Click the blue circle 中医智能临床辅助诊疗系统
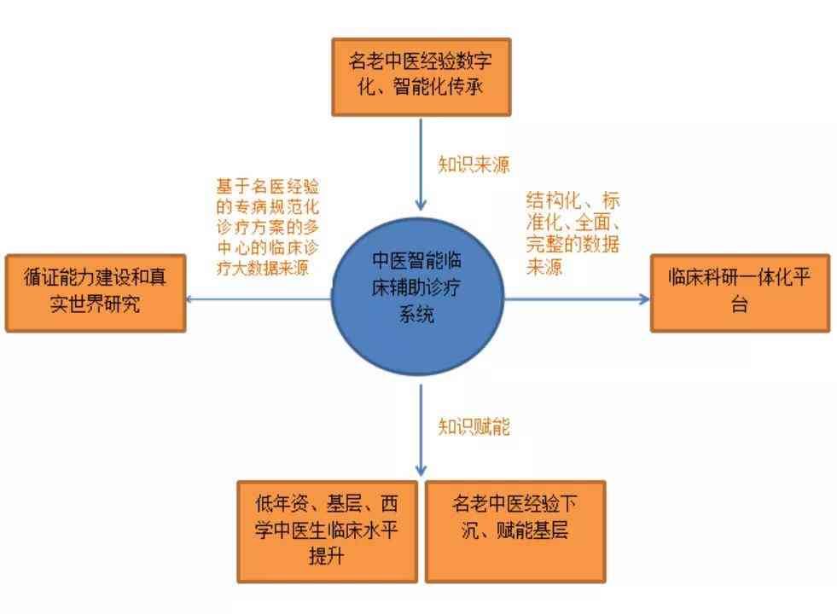pos(417,296)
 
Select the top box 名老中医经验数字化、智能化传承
pos(421,77)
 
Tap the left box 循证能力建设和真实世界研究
pos(96,293)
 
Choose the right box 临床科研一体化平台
pos(740,293)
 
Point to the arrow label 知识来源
pos(474,164)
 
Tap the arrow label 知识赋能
pos(474,426)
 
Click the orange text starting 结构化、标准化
pos(573,233)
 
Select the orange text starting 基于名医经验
pos(267,227)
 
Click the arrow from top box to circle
pos(421,164)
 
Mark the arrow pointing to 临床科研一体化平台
pos(577,298)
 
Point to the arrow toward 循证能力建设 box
pos(259,298)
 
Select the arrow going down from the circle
pos(421,430)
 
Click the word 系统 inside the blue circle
pos(417,314)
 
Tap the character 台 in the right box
pos(740,305)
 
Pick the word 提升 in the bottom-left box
pos(326,556)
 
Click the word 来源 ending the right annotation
pos(544,266)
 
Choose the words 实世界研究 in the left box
pos(95,304)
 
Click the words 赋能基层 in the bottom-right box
pos(532,530)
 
